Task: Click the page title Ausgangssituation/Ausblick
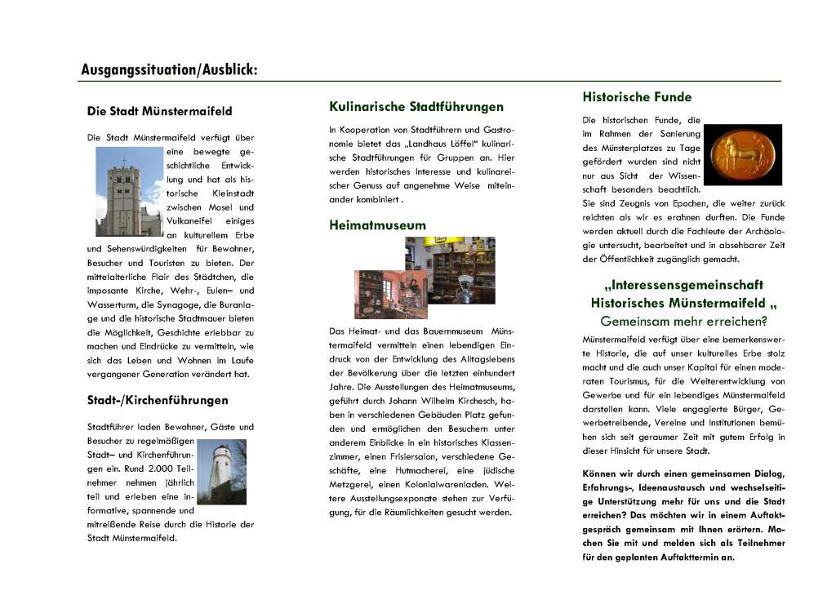[169, 70]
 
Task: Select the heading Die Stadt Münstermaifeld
[159, 110]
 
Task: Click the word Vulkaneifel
[193, 220]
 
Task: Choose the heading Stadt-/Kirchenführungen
[158, 400]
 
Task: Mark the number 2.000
[162, 469]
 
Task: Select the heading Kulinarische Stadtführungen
[416, 106]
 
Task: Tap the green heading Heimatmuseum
[377, 224]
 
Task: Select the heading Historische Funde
[637, 97]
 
